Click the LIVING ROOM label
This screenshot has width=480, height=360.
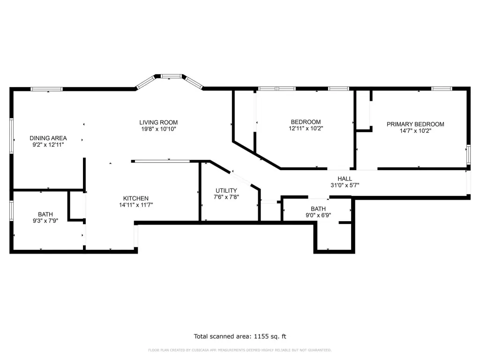pos(158,122)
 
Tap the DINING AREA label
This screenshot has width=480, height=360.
pos(48,138)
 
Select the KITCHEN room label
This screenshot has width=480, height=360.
pos(135,198)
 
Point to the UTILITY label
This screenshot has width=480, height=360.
pos(226,190)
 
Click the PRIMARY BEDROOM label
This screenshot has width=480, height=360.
pos(415,124)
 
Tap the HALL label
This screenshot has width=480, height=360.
pos(345,179)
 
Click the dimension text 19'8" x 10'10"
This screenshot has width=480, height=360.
pos(158,129)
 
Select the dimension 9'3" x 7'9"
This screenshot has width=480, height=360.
pos(45,221)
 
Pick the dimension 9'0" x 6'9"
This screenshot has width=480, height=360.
pos(318,215)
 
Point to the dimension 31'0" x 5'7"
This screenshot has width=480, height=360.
pos(345,185)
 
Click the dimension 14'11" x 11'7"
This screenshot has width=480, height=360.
pos(135,205)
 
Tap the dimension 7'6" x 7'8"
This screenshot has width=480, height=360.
pos(226,197)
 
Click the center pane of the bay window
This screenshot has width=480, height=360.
pos(172,76)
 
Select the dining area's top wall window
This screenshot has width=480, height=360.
pos(46,89)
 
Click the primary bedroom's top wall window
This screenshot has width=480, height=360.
pos(442,89)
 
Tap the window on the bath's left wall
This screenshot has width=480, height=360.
pos(12,210)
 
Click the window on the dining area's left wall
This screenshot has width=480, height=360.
pos(12,135)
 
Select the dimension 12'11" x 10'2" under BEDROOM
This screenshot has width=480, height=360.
pos(306,128)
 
